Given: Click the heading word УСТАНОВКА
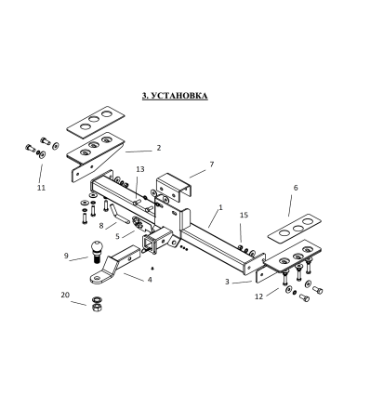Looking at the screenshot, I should tap(180, 95).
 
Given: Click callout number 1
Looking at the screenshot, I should tap(220, 207).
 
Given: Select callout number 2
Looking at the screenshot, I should tap(158, 148).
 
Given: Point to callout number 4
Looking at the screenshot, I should tap(149, 278).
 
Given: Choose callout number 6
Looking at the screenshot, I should tap(296, 188).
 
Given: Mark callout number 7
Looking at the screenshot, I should tap(211, 164).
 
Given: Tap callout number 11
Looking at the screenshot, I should tap(40, 188).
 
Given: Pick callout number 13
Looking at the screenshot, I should tap(140, 169).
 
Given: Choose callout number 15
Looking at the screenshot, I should tap(244, 216).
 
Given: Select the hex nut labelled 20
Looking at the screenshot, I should tap(96, 303).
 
